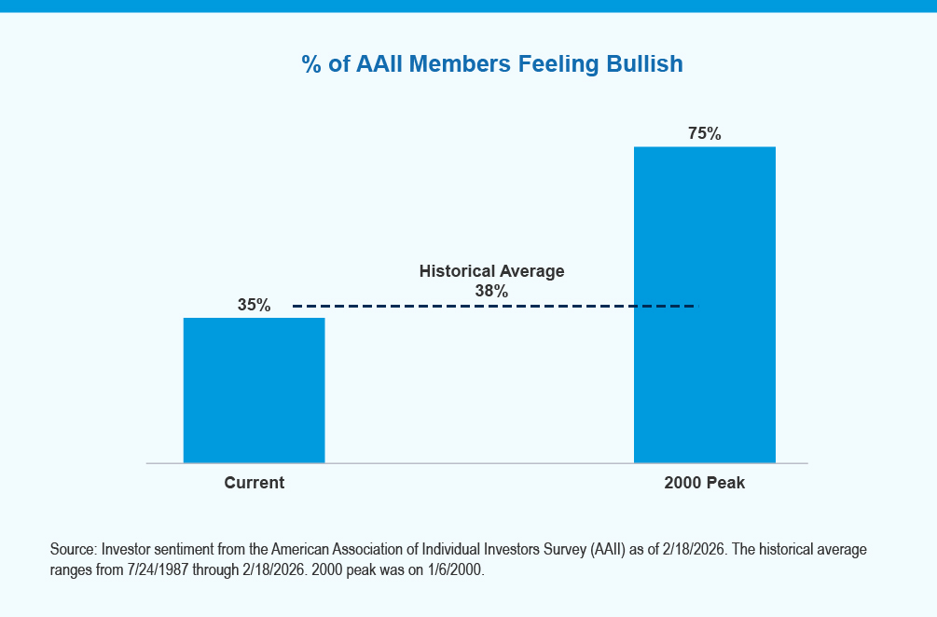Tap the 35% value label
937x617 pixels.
254,305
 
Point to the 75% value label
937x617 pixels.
704,133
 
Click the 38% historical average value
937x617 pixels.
491,291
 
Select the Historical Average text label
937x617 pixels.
491,271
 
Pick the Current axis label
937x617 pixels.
254,483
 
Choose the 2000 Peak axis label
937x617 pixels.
704,483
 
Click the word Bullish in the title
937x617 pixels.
647,64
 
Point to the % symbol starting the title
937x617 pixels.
311,64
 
